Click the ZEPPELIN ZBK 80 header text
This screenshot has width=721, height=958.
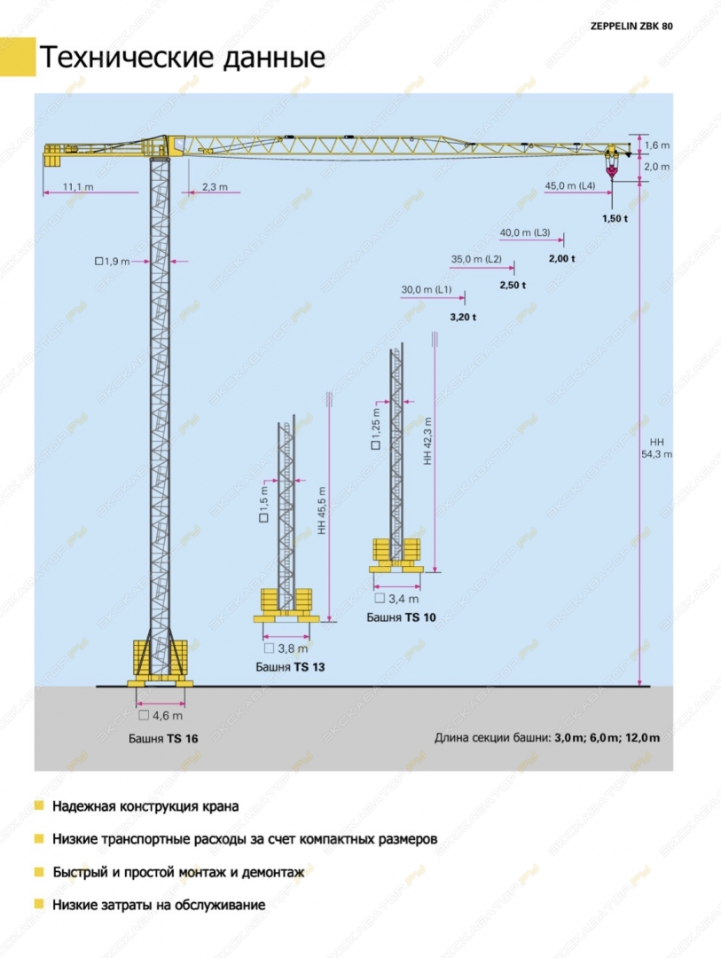coord(631,27)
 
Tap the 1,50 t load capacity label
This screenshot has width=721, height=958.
coord(615,219)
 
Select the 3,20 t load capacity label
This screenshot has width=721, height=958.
coord(463,317)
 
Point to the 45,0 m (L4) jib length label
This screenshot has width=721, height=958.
coord(569,185)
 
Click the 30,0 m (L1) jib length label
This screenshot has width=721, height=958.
coord(427,289)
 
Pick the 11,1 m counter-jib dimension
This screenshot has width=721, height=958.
coord(78,187)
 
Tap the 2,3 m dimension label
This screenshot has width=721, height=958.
coord(216,187)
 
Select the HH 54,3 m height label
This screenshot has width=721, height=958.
coord(657,448)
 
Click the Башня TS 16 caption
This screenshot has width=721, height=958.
coord(163,739)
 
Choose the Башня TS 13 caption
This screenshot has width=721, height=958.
coord(290,667)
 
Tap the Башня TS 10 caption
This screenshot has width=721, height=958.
coord(402,617)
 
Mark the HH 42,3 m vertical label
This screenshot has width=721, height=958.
coord(427,441)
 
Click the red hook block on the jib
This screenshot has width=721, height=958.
coord(612,166)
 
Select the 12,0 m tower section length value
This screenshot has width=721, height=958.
coord(642,737)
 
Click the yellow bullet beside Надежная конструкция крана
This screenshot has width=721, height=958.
coord(39,805)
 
